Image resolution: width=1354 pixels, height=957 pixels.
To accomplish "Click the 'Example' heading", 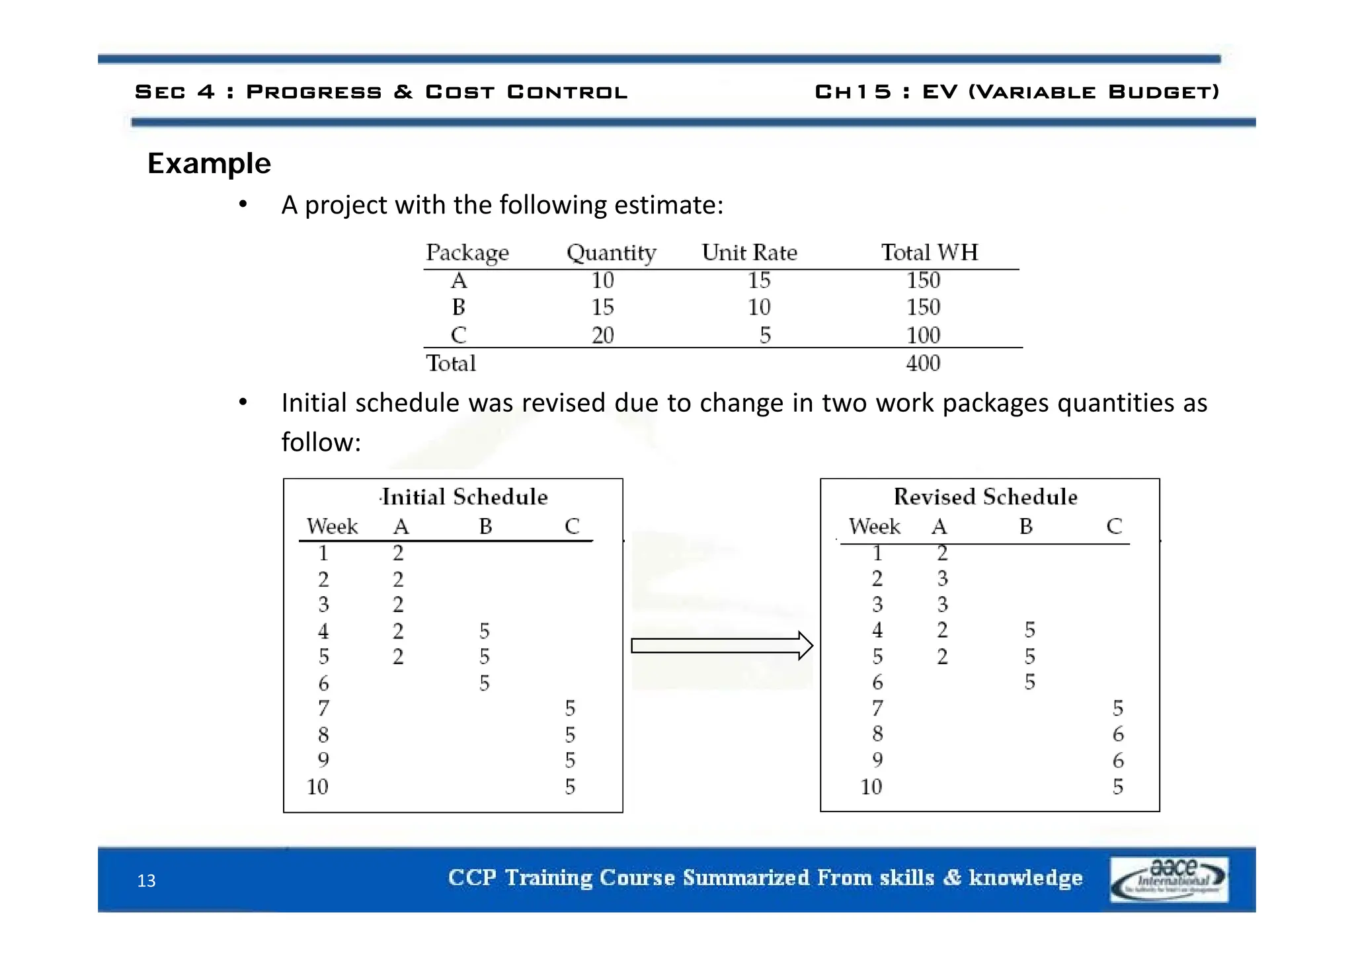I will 209,163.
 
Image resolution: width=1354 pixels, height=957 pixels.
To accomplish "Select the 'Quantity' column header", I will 611,252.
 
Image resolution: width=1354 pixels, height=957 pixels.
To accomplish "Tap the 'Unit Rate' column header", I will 749,252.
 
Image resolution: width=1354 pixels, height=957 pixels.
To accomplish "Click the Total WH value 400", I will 923,363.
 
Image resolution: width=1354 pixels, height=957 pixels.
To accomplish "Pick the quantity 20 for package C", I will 602,335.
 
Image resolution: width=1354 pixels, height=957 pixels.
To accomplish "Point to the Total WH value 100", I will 923,335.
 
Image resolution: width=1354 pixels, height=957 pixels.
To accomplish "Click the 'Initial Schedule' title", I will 465,497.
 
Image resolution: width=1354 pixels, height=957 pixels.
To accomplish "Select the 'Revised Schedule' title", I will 985,497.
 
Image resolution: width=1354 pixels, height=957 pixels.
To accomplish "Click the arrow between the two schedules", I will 721,646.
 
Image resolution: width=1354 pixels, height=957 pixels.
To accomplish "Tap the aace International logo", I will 1169,879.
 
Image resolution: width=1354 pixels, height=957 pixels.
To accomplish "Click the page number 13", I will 146,881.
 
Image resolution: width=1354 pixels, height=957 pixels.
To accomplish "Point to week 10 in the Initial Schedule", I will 317,786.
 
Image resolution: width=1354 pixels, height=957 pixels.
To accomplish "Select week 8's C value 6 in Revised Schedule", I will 1117,734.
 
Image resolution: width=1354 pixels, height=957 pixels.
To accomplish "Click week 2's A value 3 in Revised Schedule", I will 942,579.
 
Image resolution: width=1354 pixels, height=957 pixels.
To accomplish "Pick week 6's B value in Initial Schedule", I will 485,683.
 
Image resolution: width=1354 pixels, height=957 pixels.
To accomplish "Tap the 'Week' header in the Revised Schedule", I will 874,527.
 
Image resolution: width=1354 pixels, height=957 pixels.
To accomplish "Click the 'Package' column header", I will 467,252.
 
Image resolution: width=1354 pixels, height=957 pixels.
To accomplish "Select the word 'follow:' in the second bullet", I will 321,442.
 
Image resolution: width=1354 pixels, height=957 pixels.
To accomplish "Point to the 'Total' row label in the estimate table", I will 451,363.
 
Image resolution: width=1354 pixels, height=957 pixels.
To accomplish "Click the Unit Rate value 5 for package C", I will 765,335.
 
